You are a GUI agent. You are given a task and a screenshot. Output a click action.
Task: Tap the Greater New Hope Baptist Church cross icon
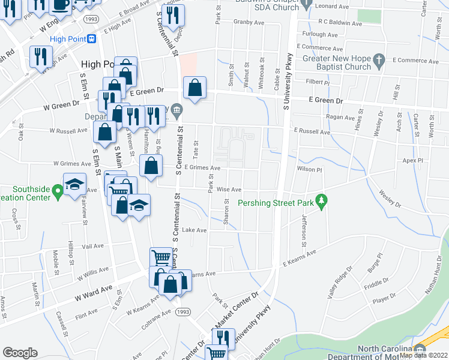pos(378,59)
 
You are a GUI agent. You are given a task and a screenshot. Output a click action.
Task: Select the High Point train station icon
pos(92,39)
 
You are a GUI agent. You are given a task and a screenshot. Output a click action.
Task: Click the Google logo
pos(20,353)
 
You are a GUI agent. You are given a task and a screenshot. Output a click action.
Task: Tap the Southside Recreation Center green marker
pos(58,192)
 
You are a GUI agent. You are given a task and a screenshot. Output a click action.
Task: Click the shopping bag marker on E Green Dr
pos(195,89)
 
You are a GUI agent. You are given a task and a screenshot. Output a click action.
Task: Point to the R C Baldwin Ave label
pos(340,24)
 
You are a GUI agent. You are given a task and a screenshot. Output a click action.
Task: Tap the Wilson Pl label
pos(310,170)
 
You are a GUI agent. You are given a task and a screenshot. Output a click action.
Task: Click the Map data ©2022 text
pos(423,355)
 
